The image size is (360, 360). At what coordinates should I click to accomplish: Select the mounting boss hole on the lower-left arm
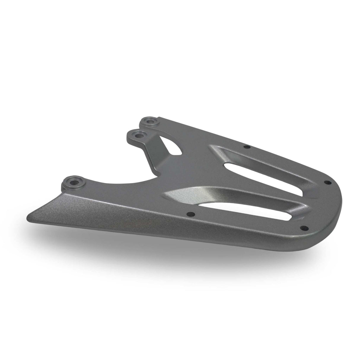(73, 181)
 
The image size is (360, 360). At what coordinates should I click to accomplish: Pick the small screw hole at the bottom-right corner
(303, 228)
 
